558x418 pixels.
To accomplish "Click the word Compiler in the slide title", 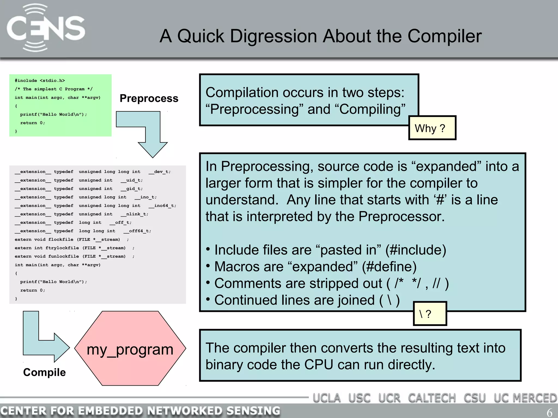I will [444, 36].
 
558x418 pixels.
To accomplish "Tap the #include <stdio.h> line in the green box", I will [40, 81].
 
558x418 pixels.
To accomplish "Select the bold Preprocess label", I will [149, 98].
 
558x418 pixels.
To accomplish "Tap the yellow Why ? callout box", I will [432, 128].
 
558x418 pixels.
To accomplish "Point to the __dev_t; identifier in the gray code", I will [160, 172].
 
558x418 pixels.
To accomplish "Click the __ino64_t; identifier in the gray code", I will [162, 206].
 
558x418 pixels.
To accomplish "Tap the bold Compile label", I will [44, 372].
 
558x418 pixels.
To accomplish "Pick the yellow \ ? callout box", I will [430, 314].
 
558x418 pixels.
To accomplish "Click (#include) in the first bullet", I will [416, 250].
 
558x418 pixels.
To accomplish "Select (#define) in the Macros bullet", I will [389, 267].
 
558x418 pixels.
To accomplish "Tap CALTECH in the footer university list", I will [432, 398].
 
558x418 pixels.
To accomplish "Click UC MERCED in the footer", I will [525, 398].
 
